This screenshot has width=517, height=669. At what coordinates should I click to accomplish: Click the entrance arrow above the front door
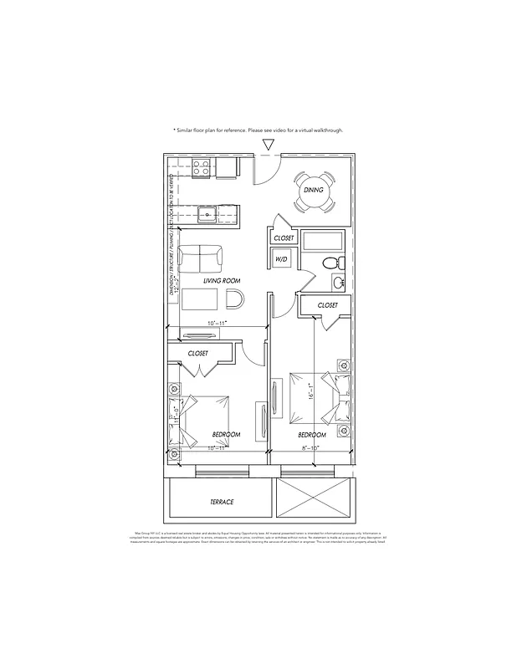268,145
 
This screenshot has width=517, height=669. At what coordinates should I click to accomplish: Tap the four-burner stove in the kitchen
202,168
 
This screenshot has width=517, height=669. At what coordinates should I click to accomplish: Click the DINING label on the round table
314,191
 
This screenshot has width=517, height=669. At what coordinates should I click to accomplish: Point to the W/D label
282,260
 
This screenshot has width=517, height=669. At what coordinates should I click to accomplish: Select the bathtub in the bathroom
320,243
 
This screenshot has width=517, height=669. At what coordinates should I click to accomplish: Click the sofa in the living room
201,256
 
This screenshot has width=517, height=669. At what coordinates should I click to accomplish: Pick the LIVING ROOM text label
222,281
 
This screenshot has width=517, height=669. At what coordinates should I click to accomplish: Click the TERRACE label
222,502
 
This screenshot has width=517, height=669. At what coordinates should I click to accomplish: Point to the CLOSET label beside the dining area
284,238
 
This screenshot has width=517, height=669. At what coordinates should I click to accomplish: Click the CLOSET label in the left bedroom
198,354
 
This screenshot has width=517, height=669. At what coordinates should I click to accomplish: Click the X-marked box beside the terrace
312,501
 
